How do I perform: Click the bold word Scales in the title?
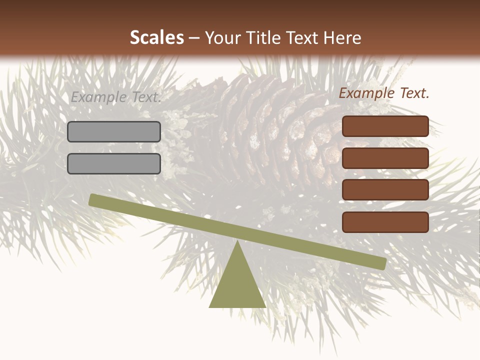pos(156,37)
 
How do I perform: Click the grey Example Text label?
pos(115,97)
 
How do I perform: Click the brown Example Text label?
pos(384,93)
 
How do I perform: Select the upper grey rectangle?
pos(114,131)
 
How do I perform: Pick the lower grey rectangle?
pos(114,163)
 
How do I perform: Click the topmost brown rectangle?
pos(385,126)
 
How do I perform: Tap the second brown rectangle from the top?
pos(385,158)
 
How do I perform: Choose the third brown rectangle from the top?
pos(385,190)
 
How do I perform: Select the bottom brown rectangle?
pos(385,222)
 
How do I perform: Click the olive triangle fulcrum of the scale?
pos(237,285)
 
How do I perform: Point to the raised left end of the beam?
pos(92,199)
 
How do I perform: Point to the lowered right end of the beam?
pos(382,263)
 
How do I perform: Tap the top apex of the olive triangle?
pos(237,242)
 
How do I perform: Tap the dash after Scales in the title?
pos(194,38)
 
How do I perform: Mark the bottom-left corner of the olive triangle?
pos(210,307)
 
